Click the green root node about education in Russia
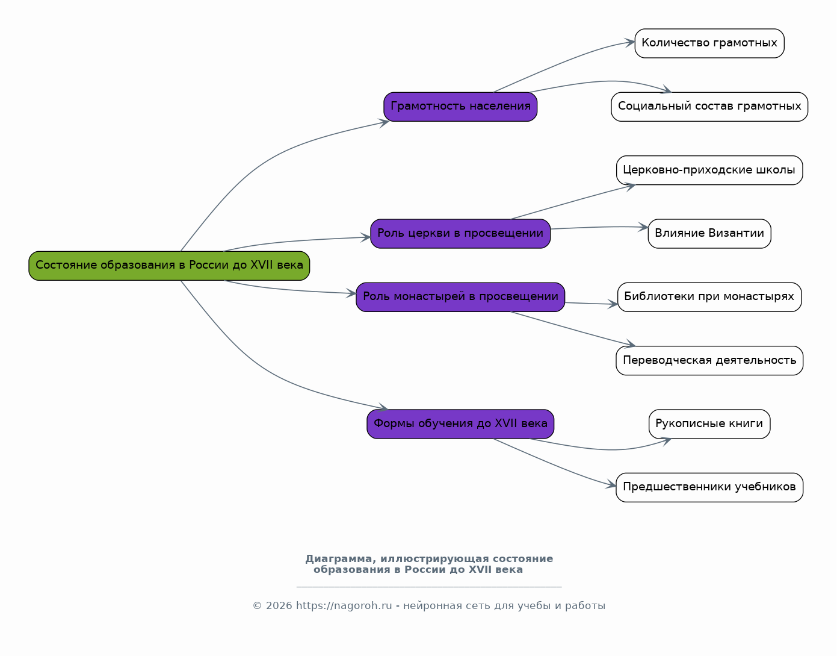pyautogui.click(x=169, y=266)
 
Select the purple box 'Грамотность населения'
pyautogui.click(x=460, y=107)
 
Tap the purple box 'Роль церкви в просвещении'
pyautogui.click(x=460, y=234)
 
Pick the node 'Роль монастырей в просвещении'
pyautogui.click(x=460, y=297)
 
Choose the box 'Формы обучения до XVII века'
pyautogui.click(x=460, y=424)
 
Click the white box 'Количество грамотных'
pyautogui.click(x=709, y=43)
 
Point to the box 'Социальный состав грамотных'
pyautogui.click(x=709, y=107)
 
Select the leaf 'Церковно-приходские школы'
pyautogui.click(x=709, y=170)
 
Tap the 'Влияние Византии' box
pyautogui.click(x=709, y=234)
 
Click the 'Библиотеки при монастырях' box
pyautogui.click(x=709, y=297)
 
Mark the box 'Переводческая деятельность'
pyautogui.click(x=709, y=361)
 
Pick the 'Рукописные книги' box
pyautogui.click(x=709, y=424)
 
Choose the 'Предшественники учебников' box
pyautogui.click(x=709, y=487)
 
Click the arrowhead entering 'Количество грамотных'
pyautogui.click(x=630, y=42)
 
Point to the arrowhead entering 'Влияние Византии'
pyautogui.click(x=643, y=228)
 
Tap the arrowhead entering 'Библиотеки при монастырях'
pyautogui.click(x=613, y=304)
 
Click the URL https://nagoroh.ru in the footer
pyautogui.click(x=344, y=606)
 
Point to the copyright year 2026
pyautogui.click(x=279, y=606)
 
